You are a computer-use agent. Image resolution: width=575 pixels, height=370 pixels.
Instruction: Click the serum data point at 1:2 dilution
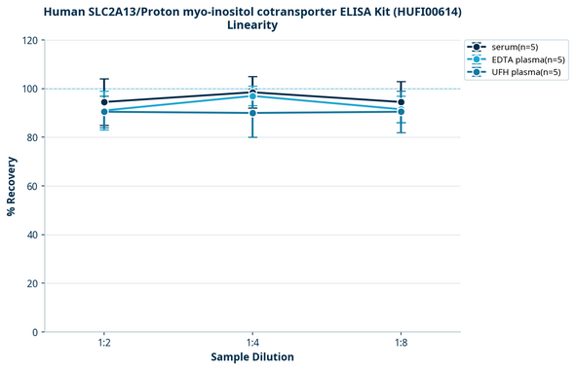click(104, 102)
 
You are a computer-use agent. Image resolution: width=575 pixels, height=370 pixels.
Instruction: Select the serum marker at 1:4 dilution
click(252, 92)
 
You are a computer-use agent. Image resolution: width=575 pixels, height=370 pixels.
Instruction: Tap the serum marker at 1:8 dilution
click(401, 102)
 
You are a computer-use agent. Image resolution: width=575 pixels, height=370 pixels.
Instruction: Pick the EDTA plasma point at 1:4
click(252, 95)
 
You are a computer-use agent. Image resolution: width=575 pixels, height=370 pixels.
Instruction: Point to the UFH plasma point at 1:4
click(252, 113)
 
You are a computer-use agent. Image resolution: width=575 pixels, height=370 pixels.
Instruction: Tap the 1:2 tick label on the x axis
click(104, 343)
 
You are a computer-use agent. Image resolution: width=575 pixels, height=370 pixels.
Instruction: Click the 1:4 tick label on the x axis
click(252, 343)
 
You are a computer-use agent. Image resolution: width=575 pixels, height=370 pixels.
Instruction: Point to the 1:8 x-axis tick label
click(401, 343)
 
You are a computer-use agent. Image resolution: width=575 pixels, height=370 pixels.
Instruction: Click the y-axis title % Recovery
click(12, 186)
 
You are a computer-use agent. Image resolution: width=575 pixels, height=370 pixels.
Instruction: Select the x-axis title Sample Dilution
click(252, 357)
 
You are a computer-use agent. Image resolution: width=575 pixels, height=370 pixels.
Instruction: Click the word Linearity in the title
click(251, 24)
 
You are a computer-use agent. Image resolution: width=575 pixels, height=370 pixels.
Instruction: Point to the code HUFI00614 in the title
click(396, 10)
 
